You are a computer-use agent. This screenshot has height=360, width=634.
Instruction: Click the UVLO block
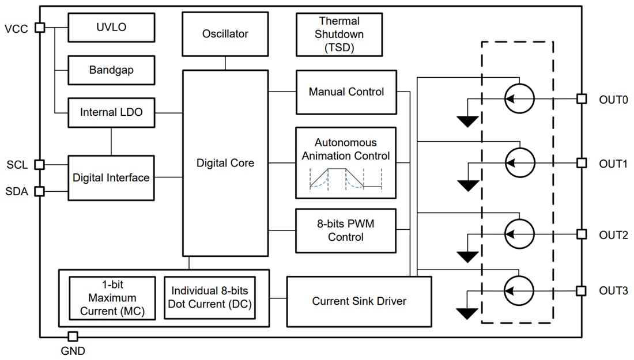tap(111, 27)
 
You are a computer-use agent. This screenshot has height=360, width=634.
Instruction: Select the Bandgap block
tap(111, 70)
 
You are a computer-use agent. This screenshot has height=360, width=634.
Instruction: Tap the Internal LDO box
tap(111, 113)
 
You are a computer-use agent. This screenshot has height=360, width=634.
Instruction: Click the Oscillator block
tap(225, 34)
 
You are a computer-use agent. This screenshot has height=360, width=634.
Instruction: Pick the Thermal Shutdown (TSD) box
tap(339, 35)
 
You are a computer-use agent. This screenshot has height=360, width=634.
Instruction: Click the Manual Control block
tap(346, 92)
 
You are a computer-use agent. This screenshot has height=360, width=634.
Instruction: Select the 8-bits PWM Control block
tap(346, 231)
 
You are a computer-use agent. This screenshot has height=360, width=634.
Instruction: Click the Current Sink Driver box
tap(359, 301)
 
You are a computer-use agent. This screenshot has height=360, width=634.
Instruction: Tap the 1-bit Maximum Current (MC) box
tap(112, 298)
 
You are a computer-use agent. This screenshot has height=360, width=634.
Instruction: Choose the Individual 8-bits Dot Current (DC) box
tap(210, 298)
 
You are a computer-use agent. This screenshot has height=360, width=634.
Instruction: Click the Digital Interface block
tap(111, 178)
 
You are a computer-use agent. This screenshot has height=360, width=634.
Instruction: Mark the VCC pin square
tap(40, 27)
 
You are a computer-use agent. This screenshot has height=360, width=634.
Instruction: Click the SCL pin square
tap(40, 165)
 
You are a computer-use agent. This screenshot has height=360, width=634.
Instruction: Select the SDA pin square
tap(40, 191)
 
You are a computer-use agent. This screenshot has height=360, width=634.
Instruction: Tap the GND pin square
tap(73, 336)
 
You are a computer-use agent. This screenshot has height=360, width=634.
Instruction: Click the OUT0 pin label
tap(613, 100)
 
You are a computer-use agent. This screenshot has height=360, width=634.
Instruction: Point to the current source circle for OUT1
tap(519, 164)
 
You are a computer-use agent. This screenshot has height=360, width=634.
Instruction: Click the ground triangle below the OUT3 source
tap(467, 313)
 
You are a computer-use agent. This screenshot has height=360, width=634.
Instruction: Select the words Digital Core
tap(225, 163)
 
